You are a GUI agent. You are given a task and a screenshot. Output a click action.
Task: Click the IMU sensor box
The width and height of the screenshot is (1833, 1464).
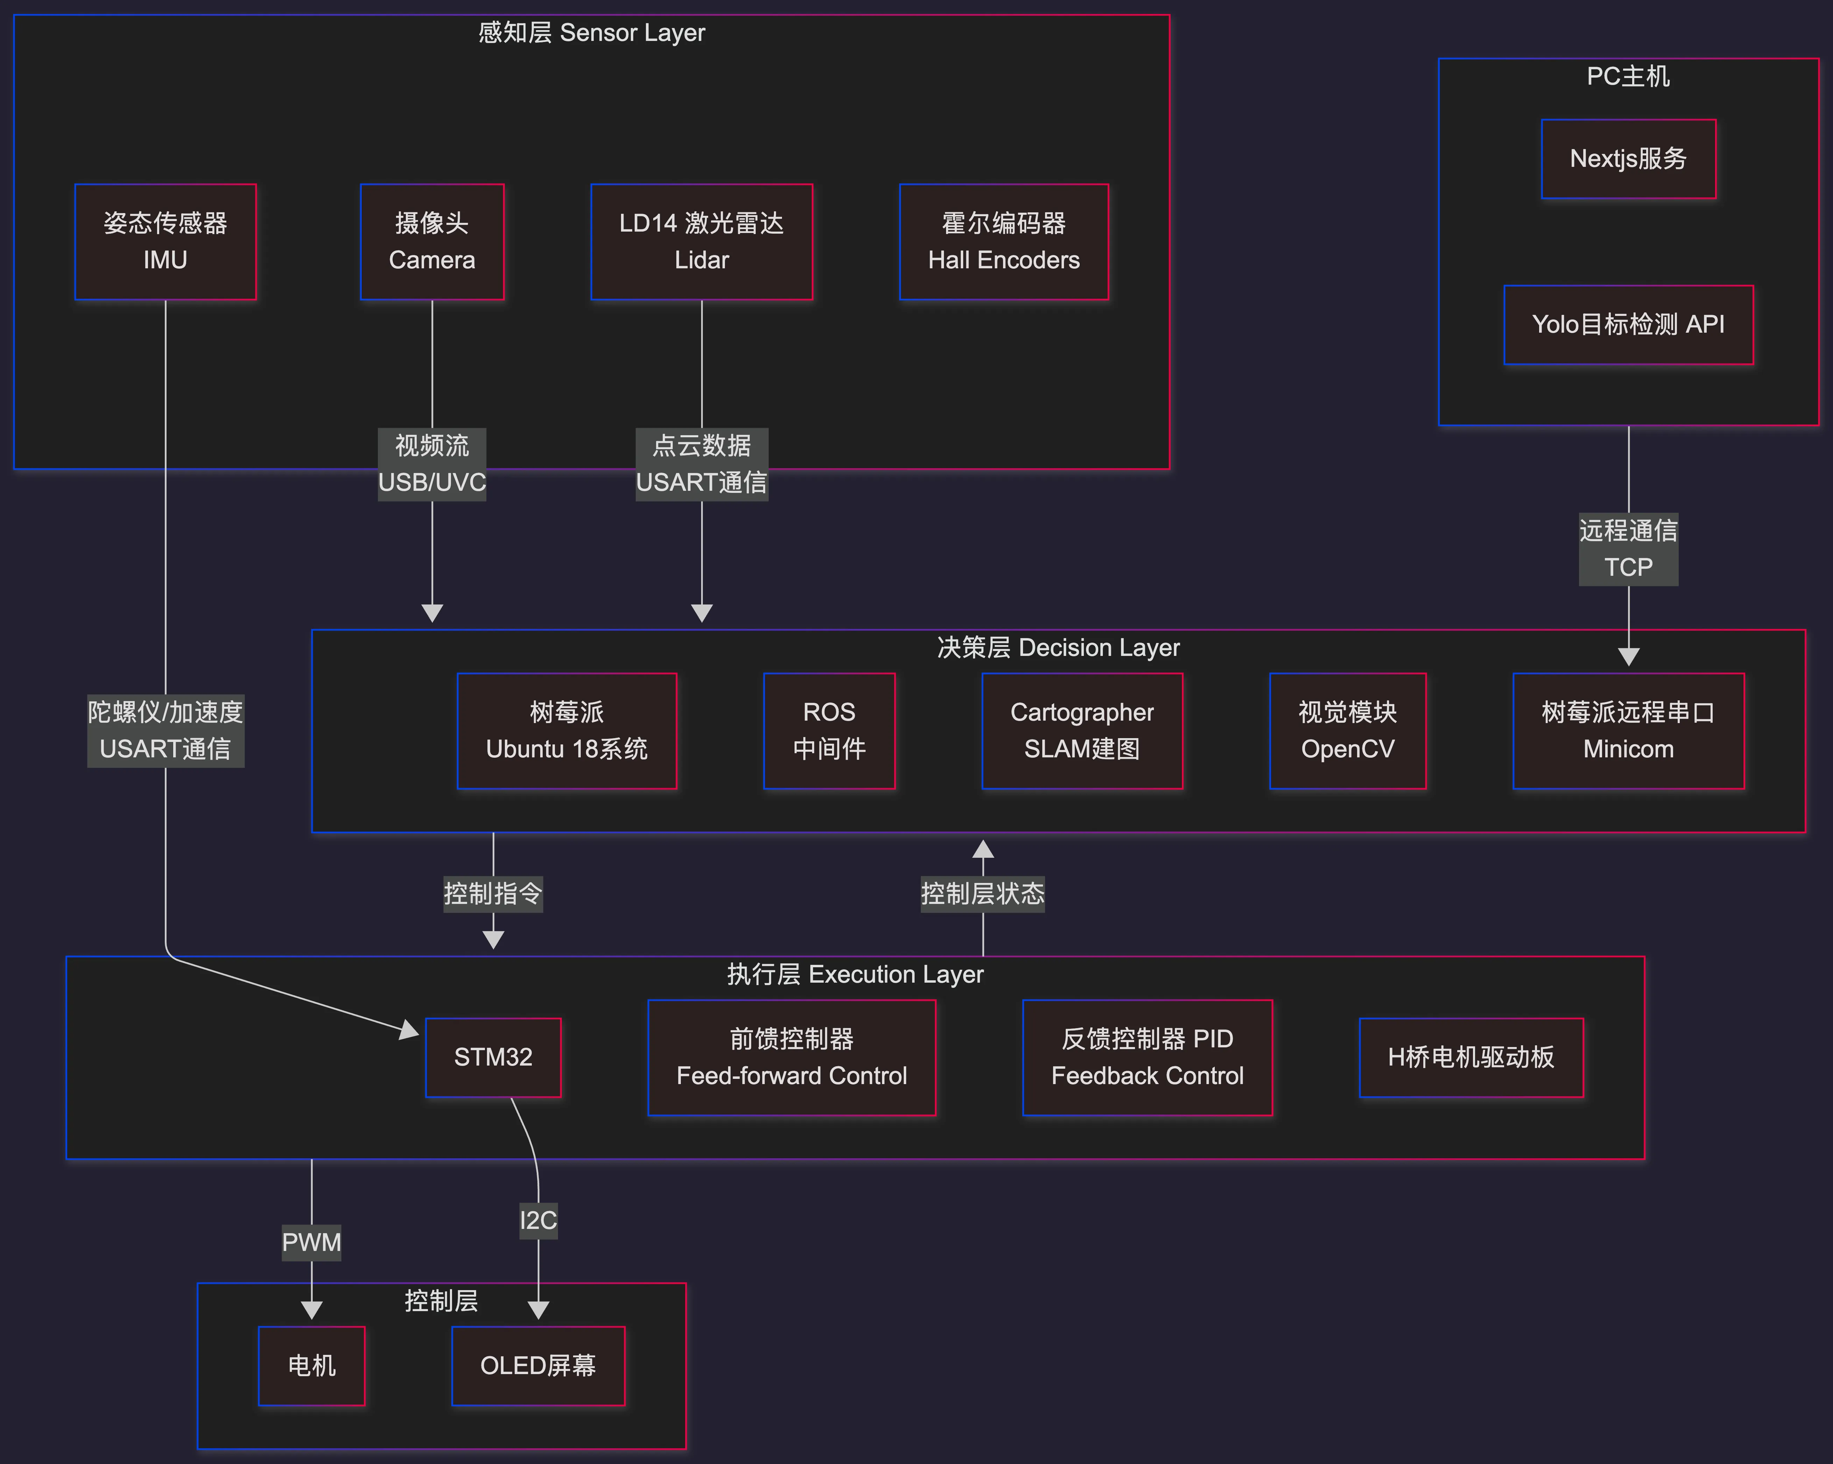click(165, 241)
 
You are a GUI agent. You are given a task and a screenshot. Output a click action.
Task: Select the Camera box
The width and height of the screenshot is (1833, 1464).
click(432, 241)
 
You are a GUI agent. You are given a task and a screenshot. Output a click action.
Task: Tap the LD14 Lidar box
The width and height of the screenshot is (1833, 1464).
click(702, 241)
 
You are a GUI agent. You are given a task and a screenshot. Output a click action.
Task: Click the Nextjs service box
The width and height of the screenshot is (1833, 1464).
click(1628, 159)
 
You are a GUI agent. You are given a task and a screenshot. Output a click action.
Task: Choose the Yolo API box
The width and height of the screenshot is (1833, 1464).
click(1628, 325)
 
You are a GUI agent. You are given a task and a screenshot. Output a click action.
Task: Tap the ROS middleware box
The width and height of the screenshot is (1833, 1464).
click(829, 731)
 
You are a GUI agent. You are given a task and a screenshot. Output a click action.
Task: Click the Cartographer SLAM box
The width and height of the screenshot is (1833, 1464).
click(1081, 731)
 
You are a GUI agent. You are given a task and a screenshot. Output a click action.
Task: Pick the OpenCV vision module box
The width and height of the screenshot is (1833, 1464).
click(1347, 731)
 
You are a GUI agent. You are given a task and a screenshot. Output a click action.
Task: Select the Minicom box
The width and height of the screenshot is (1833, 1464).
click(1628, 731)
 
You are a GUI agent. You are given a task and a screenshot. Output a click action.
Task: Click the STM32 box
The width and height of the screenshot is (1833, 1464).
click(493, 1058)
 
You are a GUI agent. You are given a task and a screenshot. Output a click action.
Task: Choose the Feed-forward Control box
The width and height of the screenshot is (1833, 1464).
click(791, 1058)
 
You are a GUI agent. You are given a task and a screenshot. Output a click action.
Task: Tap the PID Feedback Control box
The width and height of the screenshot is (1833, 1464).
click(1147, 1058)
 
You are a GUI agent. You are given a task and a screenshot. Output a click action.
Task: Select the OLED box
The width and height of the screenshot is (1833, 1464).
click(538, 1365)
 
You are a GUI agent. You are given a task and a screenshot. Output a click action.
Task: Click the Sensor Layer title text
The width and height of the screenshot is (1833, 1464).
click(592, 32)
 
